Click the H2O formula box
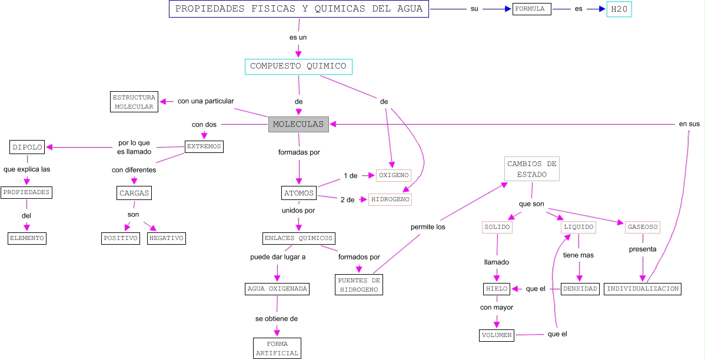tap(619, 9)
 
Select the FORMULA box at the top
tap(531, 9)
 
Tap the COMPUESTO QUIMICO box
tap(298, 66)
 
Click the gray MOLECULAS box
tap(298, 124)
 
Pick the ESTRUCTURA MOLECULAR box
tap(134, 102)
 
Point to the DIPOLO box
tap(27, 147)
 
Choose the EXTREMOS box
tap(204, 146)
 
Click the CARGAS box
tap(134, 192)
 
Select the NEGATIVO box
tap(167, 238)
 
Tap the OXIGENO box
tap(393, 175)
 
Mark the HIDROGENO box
tap(390, 199)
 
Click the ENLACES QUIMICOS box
tap(299, 238)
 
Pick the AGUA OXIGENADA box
tap(277, 289)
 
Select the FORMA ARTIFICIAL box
tap(277, 348)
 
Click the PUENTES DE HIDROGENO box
tap(359, 285)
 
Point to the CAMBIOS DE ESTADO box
tap(531, 169)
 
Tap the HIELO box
tap(496, 289)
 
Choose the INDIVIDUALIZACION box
tap(643, 289)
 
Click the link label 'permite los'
tap(427, 226)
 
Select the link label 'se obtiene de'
tap(276, 318)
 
